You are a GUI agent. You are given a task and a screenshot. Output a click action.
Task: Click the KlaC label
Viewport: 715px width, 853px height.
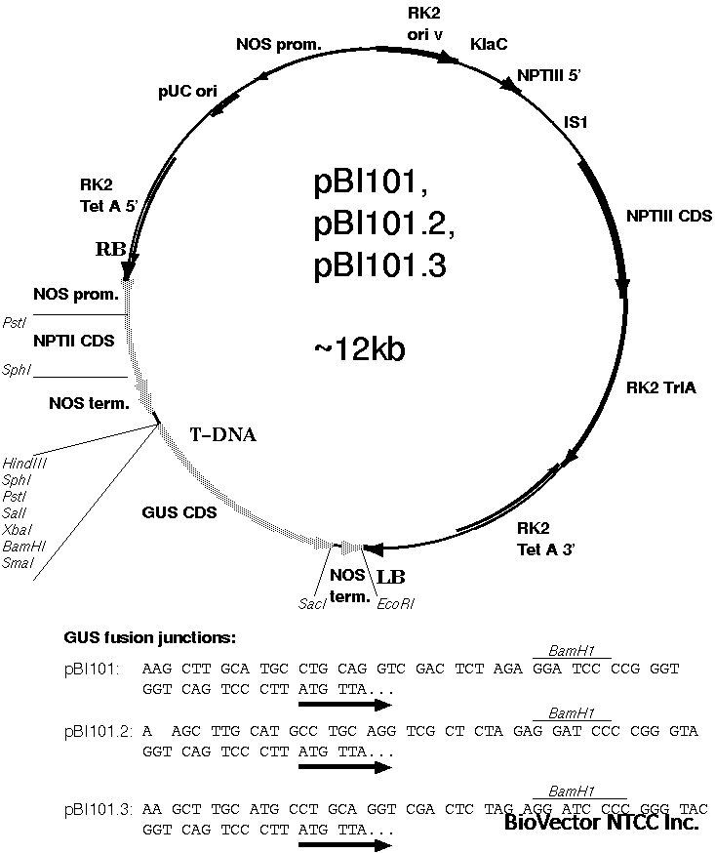pos(489,45)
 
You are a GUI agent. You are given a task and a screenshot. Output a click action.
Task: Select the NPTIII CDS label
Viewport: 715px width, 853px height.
pos(669,215)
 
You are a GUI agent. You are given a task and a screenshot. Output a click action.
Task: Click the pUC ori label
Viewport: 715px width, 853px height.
pos(187,90)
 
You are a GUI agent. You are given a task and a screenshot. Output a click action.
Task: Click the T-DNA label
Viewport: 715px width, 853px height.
pos(222,435)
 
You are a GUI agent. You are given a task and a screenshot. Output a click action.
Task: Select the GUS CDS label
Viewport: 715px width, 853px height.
pos(179,510)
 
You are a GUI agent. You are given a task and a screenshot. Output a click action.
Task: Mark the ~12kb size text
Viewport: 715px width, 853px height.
pos(359,348)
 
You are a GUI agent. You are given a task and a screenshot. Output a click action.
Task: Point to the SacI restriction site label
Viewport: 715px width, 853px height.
pos(312,603)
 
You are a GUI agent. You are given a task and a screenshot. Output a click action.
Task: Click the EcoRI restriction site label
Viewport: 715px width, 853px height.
pos(395,603)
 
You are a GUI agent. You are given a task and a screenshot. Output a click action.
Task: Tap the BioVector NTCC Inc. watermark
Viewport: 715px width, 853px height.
pos(601,823)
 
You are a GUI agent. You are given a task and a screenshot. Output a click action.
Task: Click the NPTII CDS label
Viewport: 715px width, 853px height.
pos(73,341)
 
